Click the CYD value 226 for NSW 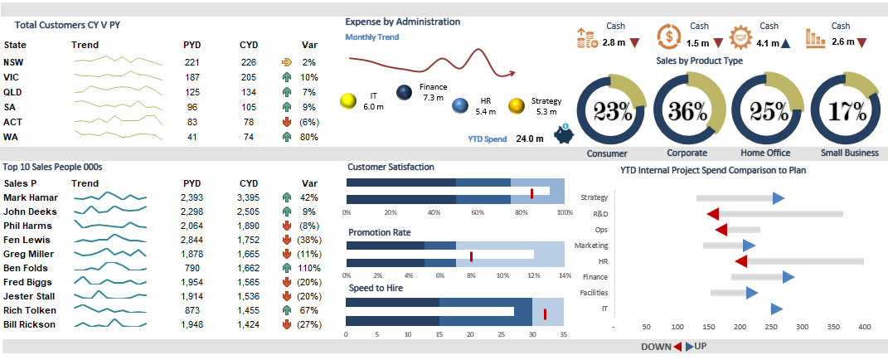(248, 62)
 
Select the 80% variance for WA (308, 137)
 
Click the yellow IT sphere (349, 100)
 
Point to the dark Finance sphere (405, 93)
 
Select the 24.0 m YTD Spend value (530, 139)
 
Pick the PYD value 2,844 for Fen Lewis (192, 240)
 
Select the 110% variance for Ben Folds (309, 268)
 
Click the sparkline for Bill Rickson (109, 324)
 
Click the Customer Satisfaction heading (391, 167)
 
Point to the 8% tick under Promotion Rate (471, 275)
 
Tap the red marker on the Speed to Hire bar (545, 314)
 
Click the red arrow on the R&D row (712, 214)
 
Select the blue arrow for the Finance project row (788, 277)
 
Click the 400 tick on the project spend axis (865, 328)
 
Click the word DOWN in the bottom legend (655, 347)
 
